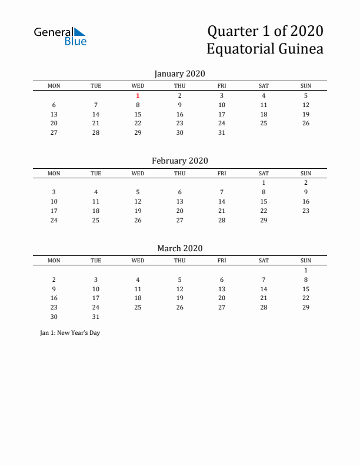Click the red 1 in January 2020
(138, 95)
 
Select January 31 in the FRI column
(222, 132)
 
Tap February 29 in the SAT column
(264, 220)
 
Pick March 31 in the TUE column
(96, 317)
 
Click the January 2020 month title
(179, 74)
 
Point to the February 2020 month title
(179, 161)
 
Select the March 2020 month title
(179, 248)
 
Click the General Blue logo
(60, 36)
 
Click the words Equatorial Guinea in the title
(265, 49)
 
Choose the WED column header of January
(138, 86)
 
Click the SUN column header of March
(306, 261)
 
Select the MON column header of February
(54, 173)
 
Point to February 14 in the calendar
(222, 201)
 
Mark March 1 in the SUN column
(306, 270)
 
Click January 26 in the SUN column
(306, 123)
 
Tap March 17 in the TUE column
(96, 298)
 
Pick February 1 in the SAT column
(264, 182)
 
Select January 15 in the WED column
(138, 114)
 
